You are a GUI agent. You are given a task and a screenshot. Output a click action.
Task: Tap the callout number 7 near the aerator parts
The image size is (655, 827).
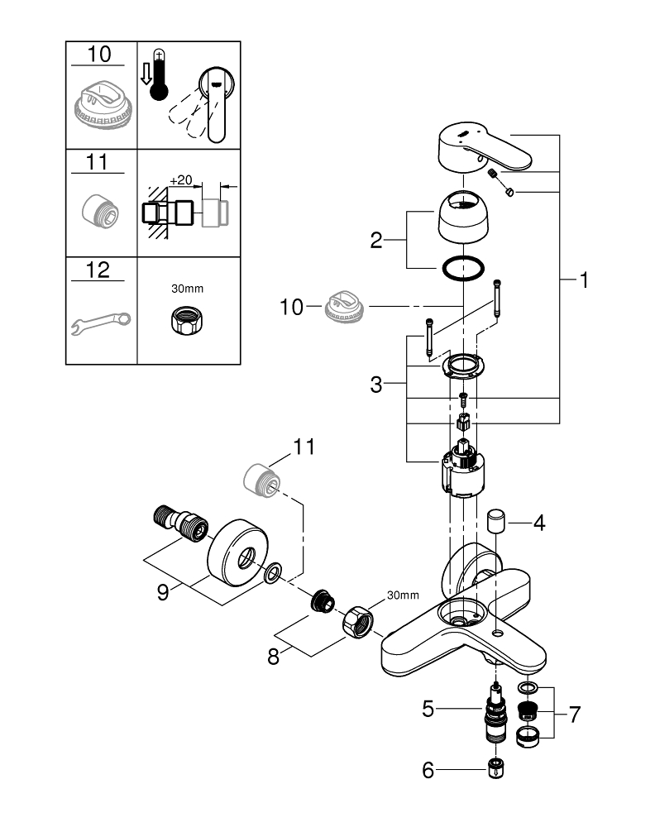tap(574, 714)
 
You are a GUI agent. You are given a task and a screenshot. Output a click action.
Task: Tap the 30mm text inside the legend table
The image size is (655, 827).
tap(187, 289)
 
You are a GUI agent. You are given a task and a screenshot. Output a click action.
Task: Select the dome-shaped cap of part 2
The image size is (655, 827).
tap(463, 215)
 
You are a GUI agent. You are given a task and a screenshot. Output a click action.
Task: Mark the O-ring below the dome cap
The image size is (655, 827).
tap(464, 269)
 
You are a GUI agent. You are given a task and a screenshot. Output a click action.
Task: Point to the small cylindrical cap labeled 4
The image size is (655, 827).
tap(497, 523)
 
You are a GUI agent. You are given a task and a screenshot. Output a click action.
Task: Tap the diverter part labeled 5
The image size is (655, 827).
tap(495, 715)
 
